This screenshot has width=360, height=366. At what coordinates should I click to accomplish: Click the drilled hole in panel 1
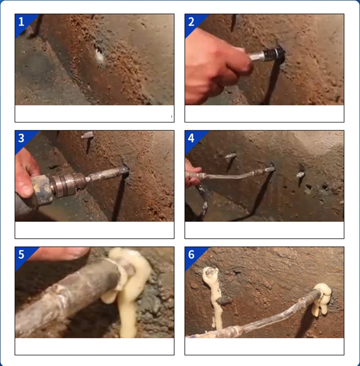(x=99, y=55)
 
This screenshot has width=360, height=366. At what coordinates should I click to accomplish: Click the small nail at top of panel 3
(x=88, y=135)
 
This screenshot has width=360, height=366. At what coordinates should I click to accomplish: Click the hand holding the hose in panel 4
(x=192, y=173)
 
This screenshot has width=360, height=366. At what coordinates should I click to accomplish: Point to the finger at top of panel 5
(x=61, y=253)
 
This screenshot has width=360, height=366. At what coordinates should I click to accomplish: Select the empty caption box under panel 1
(x=95, y=114)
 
